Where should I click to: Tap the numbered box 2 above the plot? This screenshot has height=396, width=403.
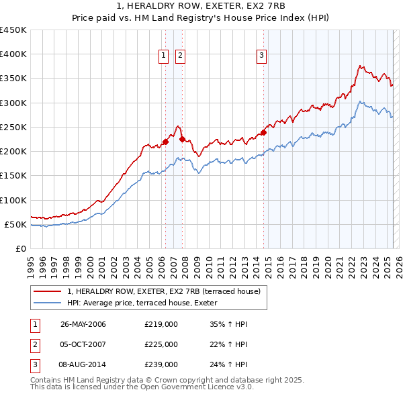point(181,56)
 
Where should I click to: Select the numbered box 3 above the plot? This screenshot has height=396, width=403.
point(261,56)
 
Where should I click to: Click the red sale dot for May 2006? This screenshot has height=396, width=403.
point(165,142)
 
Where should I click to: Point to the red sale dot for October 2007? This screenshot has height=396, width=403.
point(181,139)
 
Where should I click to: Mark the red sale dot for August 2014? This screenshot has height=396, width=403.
point(263,132)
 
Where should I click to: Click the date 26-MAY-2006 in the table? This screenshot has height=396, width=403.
point(83,325)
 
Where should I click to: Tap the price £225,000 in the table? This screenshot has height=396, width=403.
point(161,344)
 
